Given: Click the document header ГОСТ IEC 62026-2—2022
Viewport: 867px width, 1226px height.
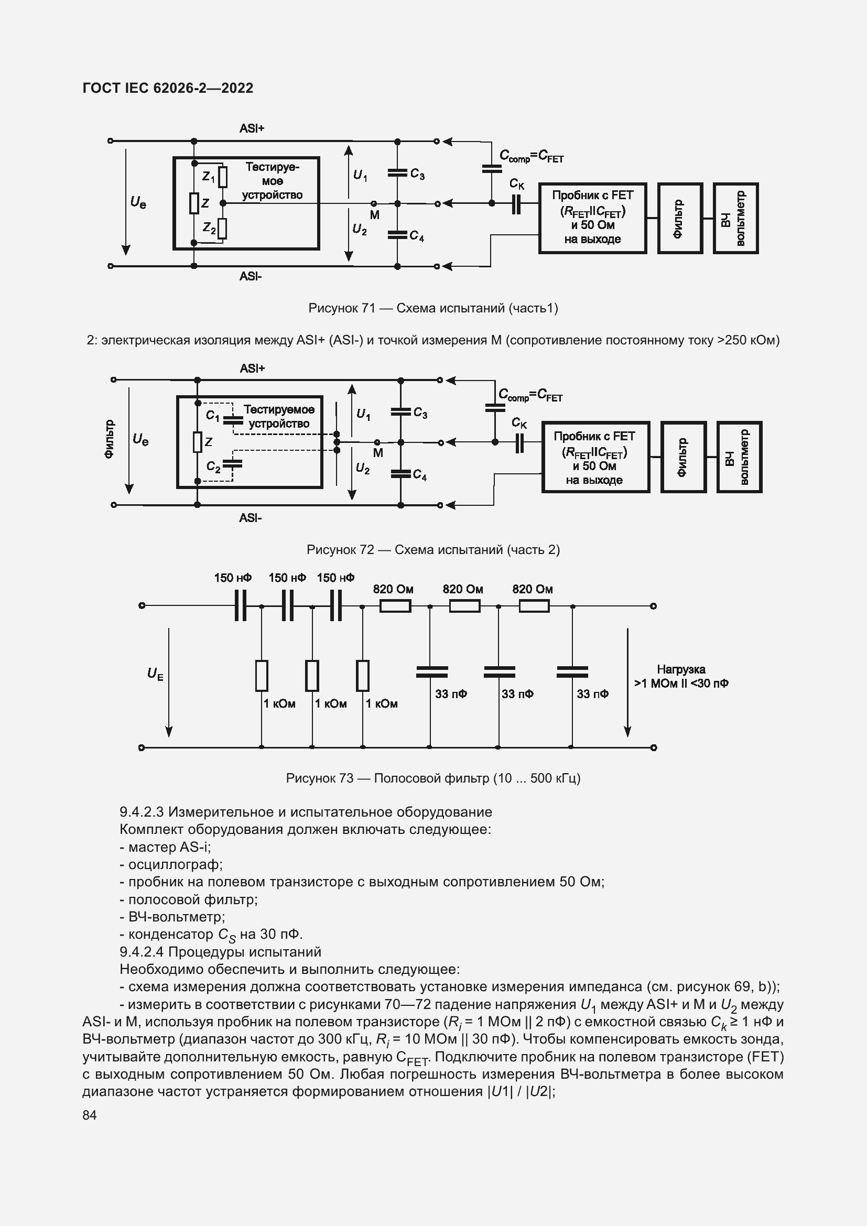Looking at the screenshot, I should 168,88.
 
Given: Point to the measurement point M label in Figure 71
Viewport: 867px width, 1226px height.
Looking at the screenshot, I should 375,215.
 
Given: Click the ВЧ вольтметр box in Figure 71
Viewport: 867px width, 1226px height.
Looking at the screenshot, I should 735,218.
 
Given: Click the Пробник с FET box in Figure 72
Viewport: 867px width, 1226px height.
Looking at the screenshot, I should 595,457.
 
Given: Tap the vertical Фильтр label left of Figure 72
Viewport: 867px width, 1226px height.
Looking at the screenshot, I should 109,439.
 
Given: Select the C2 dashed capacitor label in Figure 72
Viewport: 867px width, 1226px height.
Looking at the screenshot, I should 213,466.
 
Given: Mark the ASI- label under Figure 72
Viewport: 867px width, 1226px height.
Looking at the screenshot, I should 251,518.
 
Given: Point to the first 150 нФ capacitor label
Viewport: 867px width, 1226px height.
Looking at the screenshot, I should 233,578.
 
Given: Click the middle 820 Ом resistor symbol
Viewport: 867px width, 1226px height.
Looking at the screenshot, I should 464,606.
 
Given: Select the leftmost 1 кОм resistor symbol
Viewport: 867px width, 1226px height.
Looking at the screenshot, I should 262,676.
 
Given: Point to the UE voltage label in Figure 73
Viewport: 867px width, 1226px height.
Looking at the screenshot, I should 155,674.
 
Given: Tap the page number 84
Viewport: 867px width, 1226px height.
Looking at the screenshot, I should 90,1115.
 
